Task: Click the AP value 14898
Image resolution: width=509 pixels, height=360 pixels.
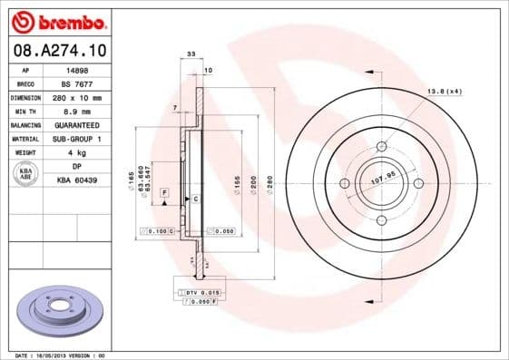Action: (x=78, y=69)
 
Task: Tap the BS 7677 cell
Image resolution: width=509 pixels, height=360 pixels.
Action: (x=78, y=83)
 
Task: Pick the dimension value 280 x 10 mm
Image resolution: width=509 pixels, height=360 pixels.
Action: (x=78, y=97)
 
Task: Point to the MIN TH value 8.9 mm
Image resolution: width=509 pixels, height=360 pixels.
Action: (x=78, y=111)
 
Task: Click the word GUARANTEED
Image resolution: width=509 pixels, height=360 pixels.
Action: (x=78, y=124)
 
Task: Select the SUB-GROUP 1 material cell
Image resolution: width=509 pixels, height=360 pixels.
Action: (x=78, y=139)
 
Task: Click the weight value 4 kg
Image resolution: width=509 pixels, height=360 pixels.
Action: (x=78, y=153)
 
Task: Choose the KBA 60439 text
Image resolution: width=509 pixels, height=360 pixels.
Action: (x=78, y=180)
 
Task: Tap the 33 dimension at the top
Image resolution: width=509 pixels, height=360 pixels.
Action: (x=191, y=55)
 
